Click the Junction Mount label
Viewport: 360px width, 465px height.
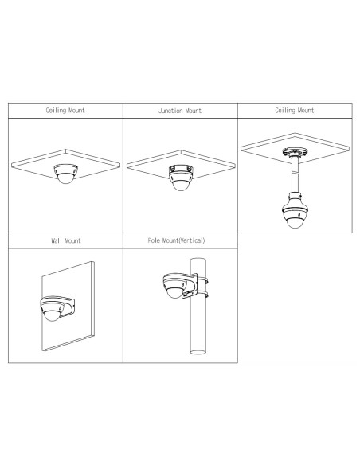point(180,111)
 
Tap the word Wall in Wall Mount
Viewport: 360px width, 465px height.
point(57,240)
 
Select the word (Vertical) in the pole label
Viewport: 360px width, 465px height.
point(192,240)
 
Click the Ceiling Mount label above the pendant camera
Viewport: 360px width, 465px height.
point(295,111)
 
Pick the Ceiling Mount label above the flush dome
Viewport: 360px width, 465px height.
point(65,111)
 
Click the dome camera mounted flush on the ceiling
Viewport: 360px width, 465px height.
point(65,174)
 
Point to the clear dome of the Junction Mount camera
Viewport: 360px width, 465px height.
point(181,185)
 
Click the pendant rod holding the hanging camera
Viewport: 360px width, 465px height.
point(295,174)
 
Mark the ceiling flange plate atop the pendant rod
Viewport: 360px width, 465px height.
point(294,152)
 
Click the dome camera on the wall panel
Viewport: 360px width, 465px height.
point(53,309)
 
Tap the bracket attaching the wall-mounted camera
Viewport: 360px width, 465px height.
point(68,306)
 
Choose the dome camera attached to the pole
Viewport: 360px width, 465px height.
point(175,285)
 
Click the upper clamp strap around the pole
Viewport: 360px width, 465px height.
point(202,280)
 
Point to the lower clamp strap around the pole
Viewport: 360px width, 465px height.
point(202,295)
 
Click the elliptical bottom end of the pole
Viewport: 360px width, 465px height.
point(198,352)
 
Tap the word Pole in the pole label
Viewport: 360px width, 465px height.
point(154,240)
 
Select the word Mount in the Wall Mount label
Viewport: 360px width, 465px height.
point(72,240)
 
